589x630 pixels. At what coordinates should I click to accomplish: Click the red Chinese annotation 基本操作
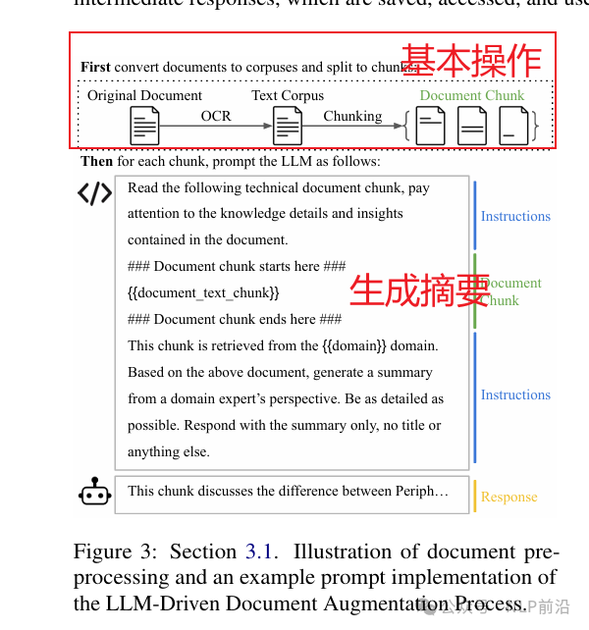[x=472, y=59]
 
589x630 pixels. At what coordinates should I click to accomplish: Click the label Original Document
[x=144, y=95]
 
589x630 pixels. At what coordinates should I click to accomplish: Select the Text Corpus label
[x=288, y=95]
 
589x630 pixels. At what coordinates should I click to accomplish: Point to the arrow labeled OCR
[x=216, y=126]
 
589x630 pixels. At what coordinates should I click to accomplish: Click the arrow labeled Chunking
[x=353, y=126]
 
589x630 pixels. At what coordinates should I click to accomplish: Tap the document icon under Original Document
[x=144, y=126]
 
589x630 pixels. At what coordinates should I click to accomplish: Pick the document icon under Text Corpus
[x=288, y=126]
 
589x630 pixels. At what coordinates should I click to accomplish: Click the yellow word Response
[x=509, y=497]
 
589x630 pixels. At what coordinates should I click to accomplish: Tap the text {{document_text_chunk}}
[x=203, y=292]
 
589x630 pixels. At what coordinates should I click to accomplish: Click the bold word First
[x=95, y=67]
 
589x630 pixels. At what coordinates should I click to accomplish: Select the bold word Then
[x=96, y=161]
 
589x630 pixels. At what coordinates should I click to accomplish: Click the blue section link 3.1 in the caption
[x=258, y=551]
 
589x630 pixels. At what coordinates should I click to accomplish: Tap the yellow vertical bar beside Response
[x=475, y=496]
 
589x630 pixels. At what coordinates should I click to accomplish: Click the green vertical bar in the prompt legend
[x=475, y=291]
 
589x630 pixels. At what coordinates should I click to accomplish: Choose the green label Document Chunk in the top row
[x=472, y=95]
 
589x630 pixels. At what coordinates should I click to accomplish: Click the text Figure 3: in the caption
[x=118, y=551]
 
